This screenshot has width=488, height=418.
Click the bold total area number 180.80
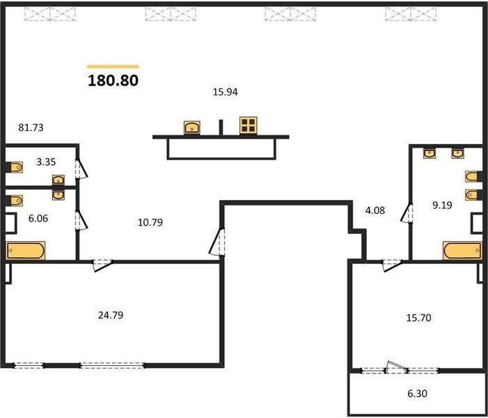[x=113, y=80]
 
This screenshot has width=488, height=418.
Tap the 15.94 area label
[x=225, y=92]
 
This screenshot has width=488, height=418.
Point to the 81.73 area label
[x=31, y=127]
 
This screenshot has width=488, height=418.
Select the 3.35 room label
[x=46, y=162]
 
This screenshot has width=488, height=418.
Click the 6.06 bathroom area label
[x=38, y=218]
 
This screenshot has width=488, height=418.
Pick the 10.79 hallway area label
[x=150, y=222]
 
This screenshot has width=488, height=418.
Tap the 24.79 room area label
[x=111, y=315]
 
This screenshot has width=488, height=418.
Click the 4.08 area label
[x=375, y=210]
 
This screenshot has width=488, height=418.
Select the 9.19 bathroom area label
[x=442, y=205]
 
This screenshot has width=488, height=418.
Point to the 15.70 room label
[x=419, y=318]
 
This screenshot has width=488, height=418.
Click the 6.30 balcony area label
[x=418, y=394]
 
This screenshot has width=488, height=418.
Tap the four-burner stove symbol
[x=249, y=125]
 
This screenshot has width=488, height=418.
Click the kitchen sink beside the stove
[x=192, y=127]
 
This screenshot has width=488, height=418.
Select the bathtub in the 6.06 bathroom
[x=26, y=251]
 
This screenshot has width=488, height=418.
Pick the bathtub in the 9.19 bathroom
[x=463, y=251]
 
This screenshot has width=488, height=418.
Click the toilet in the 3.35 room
[x=15, y=167]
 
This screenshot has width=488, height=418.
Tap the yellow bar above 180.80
[x=113, y=66]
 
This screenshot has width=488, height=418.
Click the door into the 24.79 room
[x=103, y=265]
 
